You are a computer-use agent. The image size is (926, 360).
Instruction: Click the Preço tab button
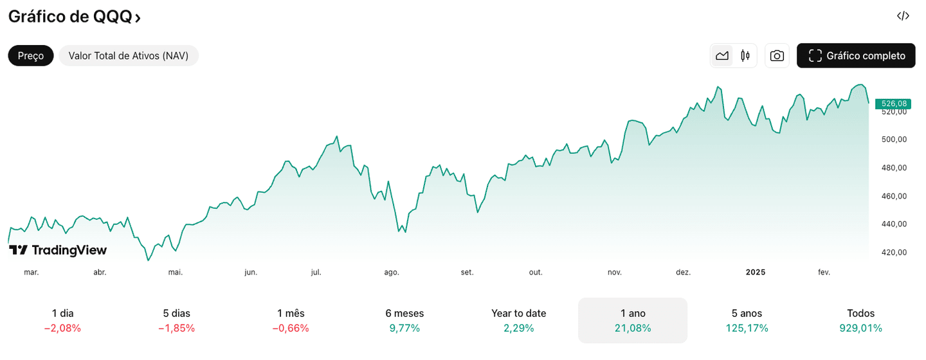click(31, 56)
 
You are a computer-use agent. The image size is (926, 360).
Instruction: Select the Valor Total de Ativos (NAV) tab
click(129, 56)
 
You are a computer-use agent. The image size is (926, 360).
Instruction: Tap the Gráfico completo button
click(855, 56)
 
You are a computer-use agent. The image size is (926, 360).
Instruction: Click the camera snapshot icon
click(777, 56)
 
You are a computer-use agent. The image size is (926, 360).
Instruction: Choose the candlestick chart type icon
click(745, 56)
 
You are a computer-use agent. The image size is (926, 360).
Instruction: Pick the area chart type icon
click(722, 56)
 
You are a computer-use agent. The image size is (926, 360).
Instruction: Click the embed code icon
click(903, 16)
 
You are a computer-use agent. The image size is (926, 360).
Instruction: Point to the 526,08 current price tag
click(894, 104)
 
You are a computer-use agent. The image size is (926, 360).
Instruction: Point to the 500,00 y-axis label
click(894, 139)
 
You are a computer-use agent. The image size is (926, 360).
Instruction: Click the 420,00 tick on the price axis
click(894, 253)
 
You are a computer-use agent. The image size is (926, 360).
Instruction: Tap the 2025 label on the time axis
click(756, 273)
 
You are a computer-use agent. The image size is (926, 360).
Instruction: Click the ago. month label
click(392, 273)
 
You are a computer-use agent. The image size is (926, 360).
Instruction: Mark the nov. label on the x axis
click(615, 273)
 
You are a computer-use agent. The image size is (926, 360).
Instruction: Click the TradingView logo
click(58, 251)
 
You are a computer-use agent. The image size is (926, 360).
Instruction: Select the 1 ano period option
click(633, 320)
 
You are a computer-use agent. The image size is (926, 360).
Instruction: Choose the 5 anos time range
click(747, 320)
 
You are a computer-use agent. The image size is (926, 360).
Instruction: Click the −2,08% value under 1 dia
click(62, 328)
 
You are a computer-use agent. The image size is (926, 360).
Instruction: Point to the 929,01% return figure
click(860, 328)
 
